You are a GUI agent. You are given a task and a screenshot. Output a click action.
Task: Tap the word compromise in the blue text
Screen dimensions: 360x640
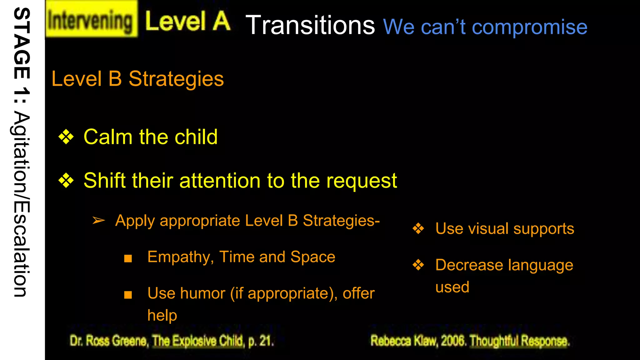tap(529, 27)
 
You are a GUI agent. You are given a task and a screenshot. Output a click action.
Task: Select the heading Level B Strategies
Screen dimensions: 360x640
tap(137, 79)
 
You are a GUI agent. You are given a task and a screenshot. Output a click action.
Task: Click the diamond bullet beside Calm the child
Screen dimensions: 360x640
tap(66, 137)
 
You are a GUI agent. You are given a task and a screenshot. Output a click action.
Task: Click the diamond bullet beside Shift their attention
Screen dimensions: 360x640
tap(66, 181)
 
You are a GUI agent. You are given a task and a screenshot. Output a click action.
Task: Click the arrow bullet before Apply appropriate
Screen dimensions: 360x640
tap(99, 221)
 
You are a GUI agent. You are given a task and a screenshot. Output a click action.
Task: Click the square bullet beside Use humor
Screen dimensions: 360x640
tap(128, 295)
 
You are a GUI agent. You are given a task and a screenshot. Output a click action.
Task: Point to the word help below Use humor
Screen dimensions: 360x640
tap(162, 315)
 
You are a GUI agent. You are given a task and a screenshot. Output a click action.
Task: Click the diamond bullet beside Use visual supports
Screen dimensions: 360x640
tap(418, 228)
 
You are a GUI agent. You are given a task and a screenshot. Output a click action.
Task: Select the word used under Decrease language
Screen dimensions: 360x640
tap(452, 287)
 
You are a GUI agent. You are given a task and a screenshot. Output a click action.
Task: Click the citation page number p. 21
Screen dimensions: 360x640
tap(261, 341)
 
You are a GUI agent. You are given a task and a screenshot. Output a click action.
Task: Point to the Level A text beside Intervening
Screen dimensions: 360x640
tap(187, 21)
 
